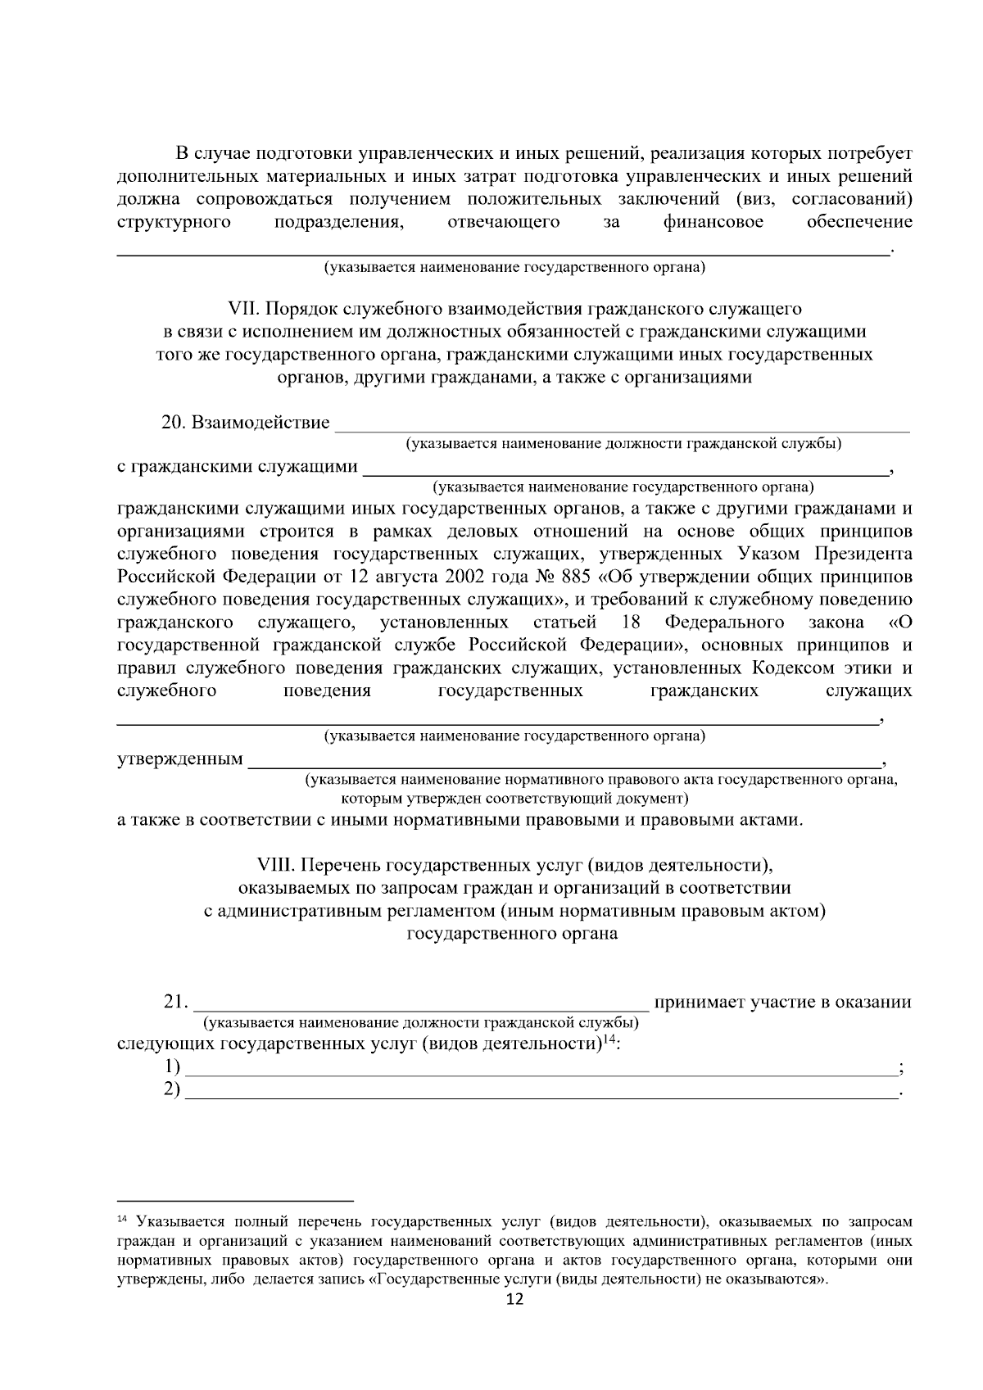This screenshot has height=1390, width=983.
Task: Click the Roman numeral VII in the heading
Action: [243, 309]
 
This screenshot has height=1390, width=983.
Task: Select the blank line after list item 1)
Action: [541, 1072]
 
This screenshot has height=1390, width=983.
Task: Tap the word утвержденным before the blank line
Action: [180, 759]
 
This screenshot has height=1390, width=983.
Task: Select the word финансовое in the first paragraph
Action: [713, 222]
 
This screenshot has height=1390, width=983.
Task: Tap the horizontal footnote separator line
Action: [235, 1197]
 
